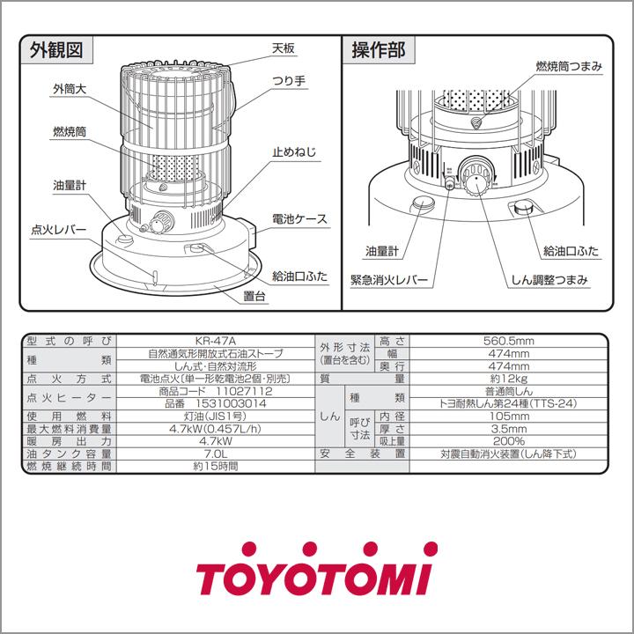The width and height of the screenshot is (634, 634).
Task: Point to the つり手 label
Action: tap(288, 81)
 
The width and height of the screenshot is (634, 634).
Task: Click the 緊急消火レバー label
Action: tap(388, 281)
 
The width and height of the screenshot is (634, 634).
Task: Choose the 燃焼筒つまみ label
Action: tap(568, 66)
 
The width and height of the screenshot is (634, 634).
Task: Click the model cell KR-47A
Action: tap(216, 341)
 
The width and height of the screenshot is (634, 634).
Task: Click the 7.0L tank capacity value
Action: tap(216, 453)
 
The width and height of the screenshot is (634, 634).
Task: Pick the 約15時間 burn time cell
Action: tap(216, 466)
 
